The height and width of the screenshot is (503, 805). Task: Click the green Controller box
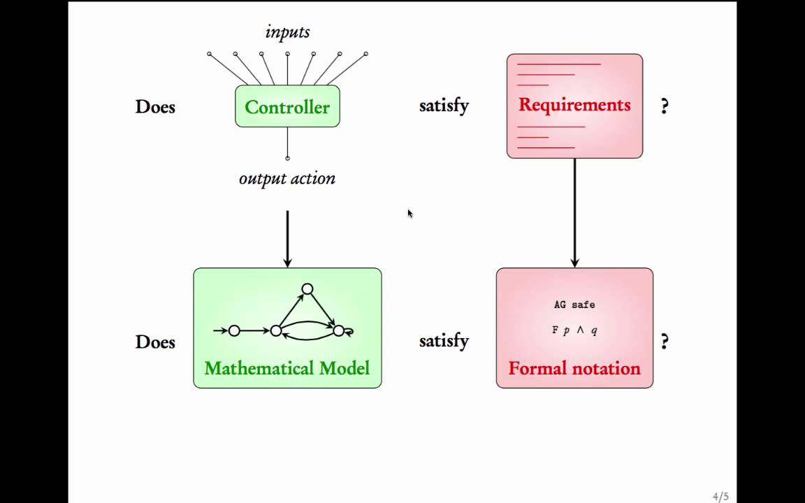(x=287, y=107)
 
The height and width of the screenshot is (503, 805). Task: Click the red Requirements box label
(x=574, y=105)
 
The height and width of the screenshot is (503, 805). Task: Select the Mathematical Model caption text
(x=287, y=368)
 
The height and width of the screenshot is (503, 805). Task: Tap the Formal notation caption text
(x=574, y=368)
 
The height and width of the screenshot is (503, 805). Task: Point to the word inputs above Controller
(x=287, y=32)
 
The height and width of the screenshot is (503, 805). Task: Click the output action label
(x=287, y=178)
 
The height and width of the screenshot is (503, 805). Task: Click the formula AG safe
(x=574, y=305)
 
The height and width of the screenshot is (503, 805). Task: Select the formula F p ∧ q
(x=574, y=330)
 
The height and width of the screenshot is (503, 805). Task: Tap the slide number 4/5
(x=720, y=497)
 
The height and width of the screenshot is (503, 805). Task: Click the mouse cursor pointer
(x=409, y=213)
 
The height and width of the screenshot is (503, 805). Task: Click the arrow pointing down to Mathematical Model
(x=287, y=238)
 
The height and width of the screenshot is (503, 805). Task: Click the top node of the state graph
(x=307, y=289)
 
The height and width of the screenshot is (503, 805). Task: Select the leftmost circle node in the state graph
(x=234, y=330)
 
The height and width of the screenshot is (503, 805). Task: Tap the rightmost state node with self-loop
(x=339, y=330)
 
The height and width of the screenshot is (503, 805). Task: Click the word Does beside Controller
(x=155, y=107)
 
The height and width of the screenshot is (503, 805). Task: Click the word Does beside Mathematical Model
(x=155, y=342)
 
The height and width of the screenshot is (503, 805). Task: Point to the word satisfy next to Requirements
(x=444, y=106)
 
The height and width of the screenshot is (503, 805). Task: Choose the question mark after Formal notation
(x=665, y=342)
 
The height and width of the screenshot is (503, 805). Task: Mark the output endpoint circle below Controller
(x=287, y=158)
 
